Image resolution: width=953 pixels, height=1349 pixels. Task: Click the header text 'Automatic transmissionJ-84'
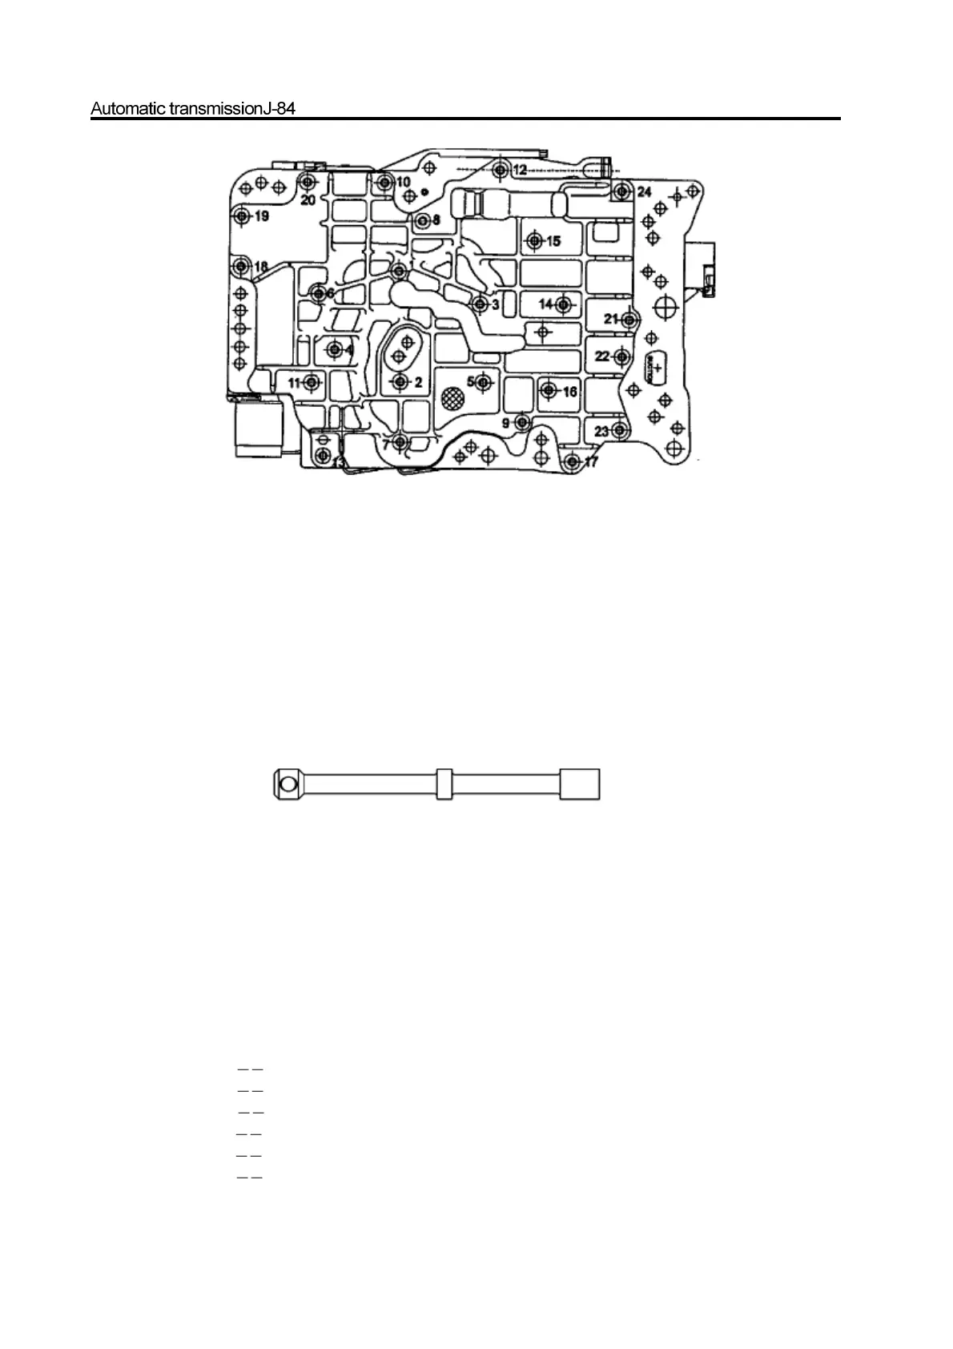(x=193, y=108)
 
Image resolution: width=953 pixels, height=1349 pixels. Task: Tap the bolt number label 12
(x=521, y=170)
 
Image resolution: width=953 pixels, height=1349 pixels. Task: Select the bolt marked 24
(x=621, y=191)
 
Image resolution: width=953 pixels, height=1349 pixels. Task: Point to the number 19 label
(x=262, y=216)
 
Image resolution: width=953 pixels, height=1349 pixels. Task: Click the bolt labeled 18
(x=240, y=266)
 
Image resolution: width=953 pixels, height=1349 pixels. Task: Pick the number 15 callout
(x=553, y=241)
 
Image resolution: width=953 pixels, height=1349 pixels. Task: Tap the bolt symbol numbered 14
(x=562, y=304)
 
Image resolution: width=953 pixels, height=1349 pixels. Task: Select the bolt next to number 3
(x=479, y=304)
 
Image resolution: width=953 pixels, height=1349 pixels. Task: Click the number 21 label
(x=612, y=319)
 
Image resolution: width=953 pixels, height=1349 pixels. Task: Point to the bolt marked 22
(x=622, y=356)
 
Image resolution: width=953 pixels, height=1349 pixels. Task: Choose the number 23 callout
(x=602, y=431)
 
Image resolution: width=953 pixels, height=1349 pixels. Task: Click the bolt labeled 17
(x=572, y=461)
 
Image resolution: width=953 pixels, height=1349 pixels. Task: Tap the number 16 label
(x=569, y=392)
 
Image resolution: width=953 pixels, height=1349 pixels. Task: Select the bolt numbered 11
(x=312, y=383)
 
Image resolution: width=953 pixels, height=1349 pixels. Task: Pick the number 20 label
(x=308, y=200)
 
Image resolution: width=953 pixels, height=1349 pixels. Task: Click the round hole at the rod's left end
(x=288, y=783)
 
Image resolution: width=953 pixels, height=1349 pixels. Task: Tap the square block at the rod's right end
(x=579, y=783)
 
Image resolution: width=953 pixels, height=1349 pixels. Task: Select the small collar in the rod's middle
(x=444, y=784)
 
